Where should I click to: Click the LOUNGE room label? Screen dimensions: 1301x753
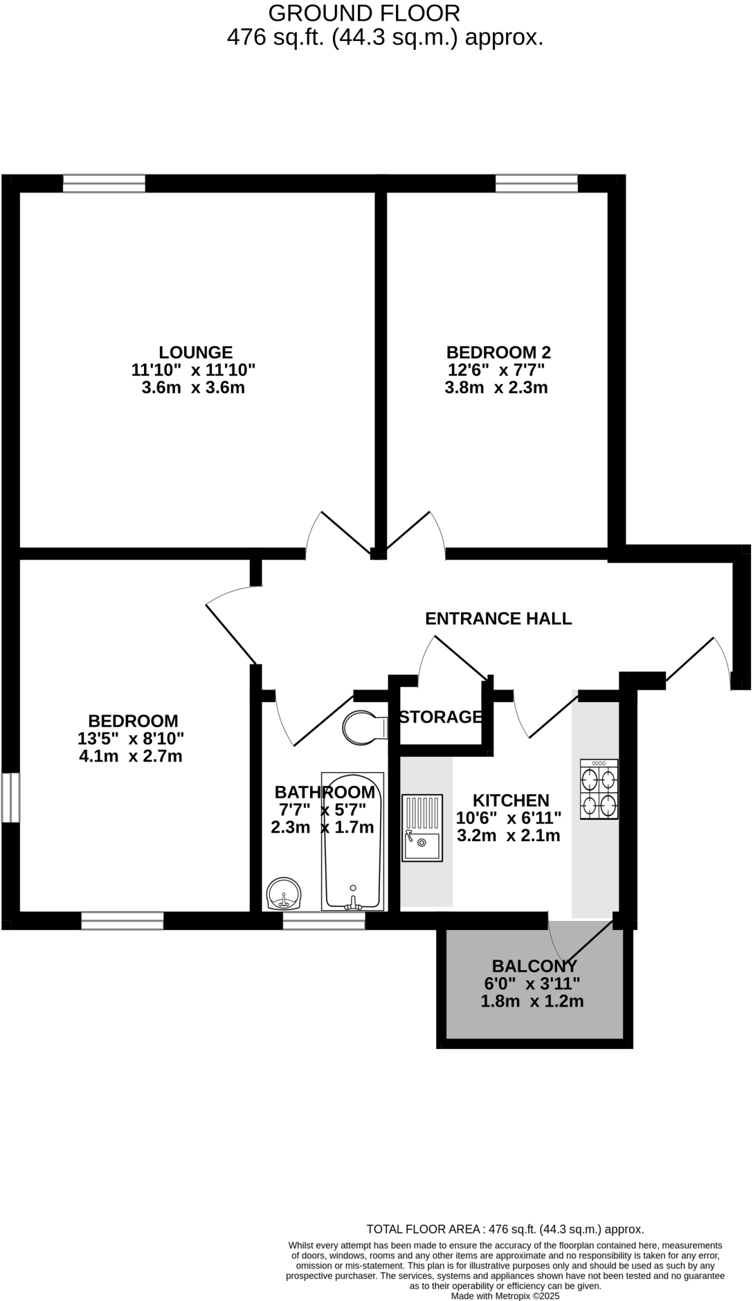[x=196, y=352]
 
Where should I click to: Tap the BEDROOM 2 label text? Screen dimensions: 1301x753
[x=498, y=352]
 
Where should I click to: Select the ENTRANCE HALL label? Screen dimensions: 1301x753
[x=498, y=618]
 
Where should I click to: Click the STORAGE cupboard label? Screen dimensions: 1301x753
[x=441, y=717]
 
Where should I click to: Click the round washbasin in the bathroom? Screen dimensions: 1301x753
[x=284, y=894]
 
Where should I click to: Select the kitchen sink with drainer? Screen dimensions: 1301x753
[x=422, y=827]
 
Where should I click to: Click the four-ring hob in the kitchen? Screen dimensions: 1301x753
[x=599, y=789]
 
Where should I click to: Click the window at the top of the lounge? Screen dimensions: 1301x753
[x=104, y=183]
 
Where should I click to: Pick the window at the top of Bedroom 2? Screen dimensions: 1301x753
[x=536, y=183]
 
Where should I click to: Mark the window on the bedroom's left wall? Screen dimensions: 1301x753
[x=10, y=798]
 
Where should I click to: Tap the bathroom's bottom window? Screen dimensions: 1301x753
[x=324, y=921]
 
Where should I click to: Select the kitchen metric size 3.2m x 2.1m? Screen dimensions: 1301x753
[x=509, y=836]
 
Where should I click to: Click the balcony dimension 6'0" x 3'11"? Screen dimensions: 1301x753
[x=532, y=983]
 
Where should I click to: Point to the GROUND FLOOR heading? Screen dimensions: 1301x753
[x=363, y=12]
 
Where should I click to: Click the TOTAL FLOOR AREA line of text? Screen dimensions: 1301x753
[x=505, y=1229]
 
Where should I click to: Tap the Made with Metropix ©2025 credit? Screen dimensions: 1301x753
[x=505, y=1295]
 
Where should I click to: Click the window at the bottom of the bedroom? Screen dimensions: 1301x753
[x=123, y=921]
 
